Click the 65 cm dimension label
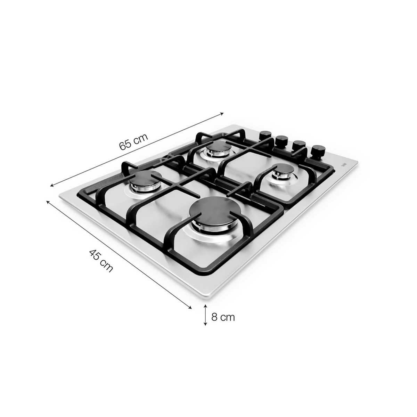133,141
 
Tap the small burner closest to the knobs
283,172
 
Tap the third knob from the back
298,145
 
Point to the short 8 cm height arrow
206,315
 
